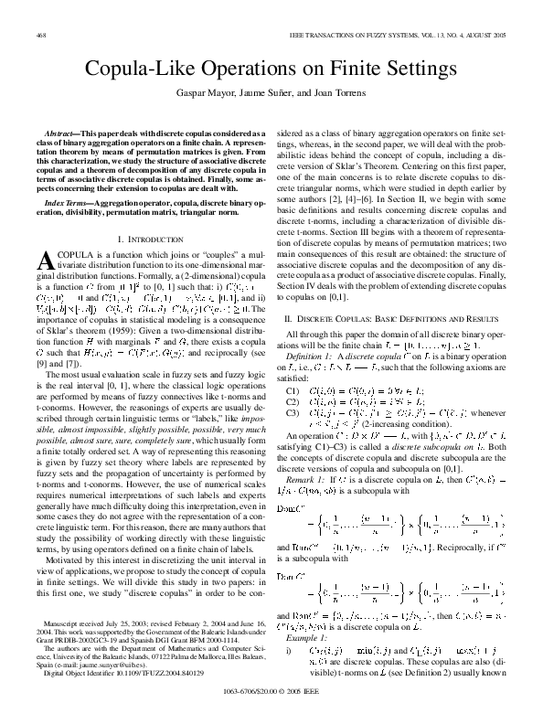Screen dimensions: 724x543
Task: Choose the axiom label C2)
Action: click(293, 400)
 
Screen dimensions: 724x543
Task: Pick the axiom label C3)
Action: click(293, 411)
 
